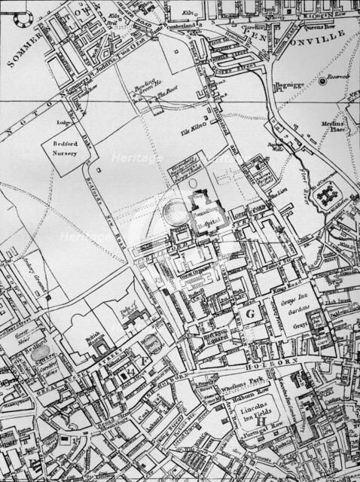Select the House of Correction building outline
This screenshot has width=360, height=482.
point(330,197)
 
